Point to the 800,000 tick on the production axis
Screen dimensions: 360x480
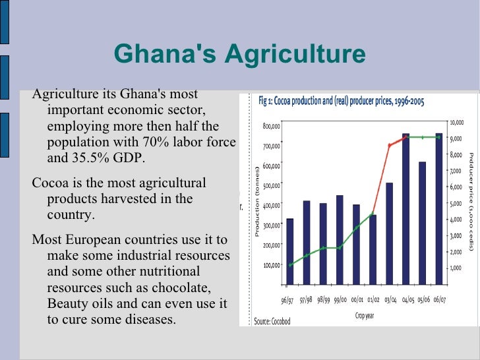click(x=271, y=125)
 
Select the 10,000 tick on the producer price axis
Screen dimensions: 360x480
click(x=457, y=123)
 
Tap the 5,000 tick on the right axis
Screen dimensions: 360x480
click(x=456, y=204)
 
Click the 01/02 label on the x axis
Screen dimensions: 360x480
click(x=374, y=301)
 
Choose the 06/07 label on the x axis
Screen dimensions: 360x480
click(x=439, y=301)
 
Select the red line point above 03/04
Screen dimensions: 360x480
click(x=389, y=145)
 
